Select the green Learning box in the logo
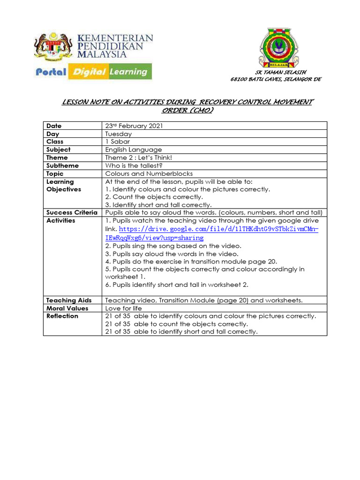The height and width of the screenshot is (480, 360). click(128, 72)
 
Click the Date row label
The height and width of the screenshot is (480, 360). click(54, 126)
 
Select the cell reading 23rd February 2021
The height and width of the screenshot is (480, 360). click(134, 126)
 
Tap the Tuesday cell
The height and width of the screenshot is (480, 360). click(119, 134)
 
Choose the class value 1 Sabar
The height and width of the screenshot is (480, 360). click(118, 142)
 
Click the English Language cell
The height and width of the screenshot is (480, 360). click(134, 150)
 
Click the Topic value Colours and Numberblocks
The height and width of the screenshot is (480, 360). click(149, 173)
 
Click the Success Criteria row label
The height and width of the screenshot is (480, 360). click(72, 213)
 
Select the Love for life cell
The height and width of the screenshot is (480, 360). click(123, 308)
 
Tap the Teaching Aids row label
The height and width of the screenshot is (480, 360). click(69, 300)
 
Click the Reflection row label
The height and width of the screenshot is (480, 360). click(62, 316)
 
